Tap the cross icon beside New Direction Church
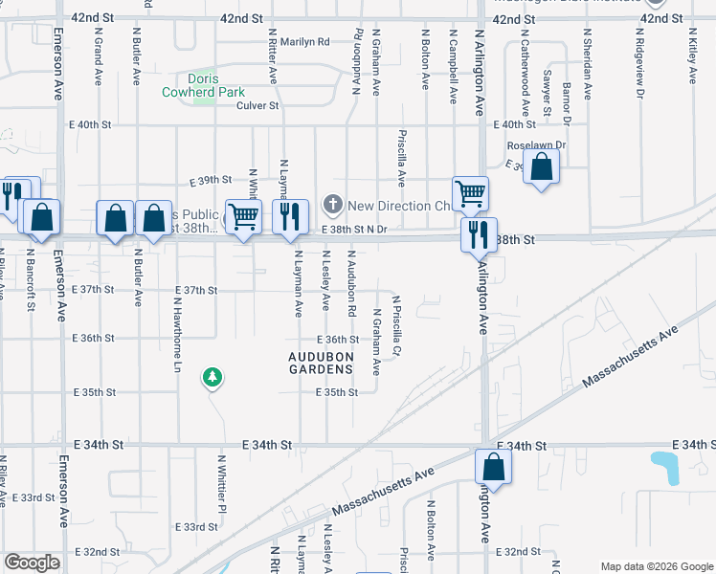[x=333, y=204]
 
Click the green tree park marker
[x=212, y=379]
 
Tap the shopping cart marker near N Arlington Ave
[x=470, y=194]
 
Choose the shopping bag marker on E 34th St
[x=493, y=467]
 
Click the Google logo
[x=32, y=563]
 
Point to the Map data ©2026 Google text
[x=656, y=566]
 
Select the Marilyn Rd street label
[x=304, y=42]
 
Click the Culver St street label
[x=257, y=106]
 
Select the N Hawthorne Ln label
[x=177, y=332]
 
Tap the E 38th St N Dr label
[x=354, y=230]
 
